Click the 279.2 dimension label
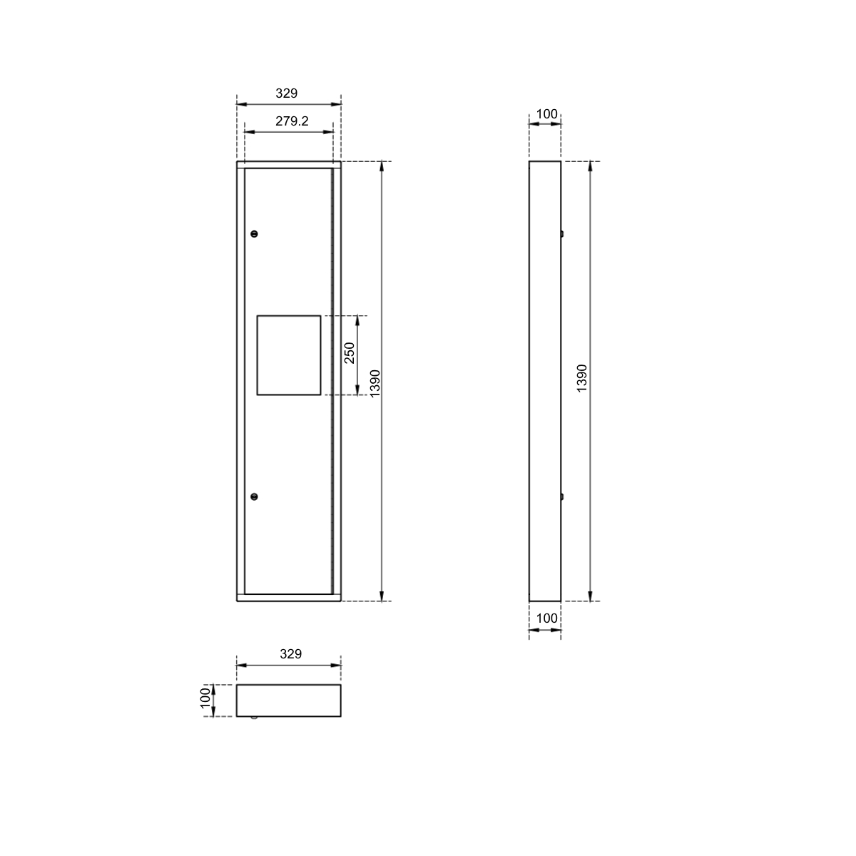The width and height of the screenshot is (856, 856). [292, 121]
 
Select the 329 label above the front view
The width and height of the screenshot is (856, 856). [287, 93]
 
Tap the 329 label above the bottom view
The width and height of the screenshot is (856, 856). [291, 654]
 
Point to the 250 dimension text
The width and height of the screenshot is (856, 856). [350, 352]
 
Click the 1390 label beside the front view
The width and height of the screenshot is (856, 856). [375, 383]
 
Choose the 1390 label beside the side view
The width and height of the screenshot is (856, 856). [581, 378]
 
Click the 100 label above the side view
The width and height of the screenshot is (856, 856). [546, 114]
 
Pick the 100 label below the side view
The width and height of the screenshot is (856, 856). [546, 618]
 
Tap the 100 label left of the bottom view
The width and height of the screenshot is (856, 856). [205, 698]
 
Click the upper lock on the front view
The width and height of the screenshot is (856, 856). [254, 234]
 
